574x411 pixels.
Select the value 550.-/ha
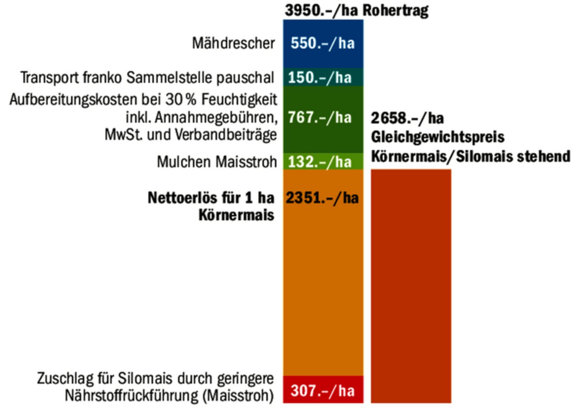click(x=323, y=43)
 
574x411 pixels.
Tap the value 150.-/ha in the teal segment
click(x=320, y=78)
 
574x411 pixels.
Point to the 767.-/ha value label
click(x=320, y=118)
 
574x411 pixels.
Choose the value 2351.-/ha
click(x=322, y=198)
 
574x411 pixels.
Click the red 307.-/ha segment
click(x=323, y=390)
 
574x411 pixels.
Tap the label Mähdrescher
click(x=233, y=43)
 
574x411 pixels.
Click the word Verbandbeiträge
click(x=225, y=135)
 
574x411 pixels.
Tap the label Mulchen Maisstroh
click(x=217, y=162)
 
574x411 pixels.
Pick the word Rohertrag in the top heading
click(x=395, y=10)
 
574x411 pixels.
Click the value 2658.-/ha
click(x=407, y=118)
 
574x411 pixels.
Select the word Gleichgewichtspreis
click(x=437, y=137)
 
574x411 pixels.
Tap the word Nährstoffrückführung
click(x=132, y=396)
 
